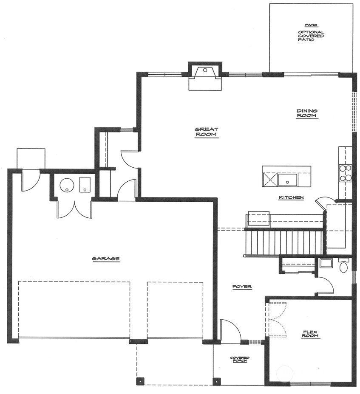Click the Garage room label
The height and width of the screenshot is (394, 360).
[x=105, y=258]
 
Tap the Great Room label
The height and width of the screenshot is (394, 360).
[x=206, y=132]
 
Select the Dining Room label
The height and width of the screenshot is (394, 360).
[x=307, y=113]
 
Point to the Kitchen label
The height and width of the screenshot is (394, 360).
[x=291, y=197]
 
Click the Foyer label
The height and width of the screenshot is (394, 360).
[x=242, y=287]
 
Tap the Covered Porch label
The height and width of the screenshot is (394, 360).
[x=240, y=360]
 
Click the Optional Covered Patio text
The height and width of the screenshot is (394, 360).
[x=311, y=36]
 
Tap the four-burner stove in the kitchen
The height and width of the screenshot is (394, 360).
[x=345, y=173]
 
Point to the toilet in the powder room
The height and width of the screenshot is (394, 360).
[x=343, y=267]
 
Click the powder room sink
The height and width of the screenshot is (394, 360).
[x=326, y=263]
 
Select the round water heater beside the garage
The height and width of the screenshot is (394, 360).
[x=67, y=185]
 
